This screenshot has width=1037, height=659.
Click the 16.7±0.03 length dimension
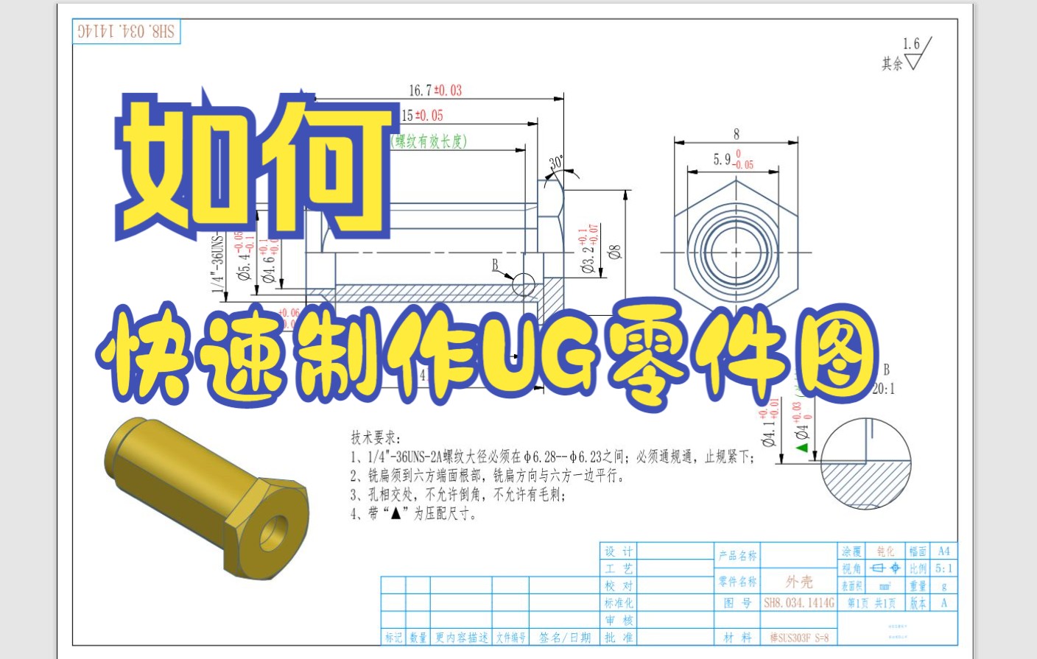435,91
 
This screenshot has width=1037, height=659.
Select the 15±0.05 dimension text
422,116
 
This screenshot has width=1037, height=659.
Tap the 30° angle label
556,163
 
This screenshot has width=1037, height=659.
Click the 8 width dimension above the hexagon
736,134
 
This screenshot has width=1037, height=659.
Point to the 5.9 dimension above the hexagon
733,160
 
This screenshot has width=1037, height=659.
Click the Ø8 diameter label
615,252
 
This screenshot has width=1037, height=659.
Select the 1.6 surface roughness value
911,44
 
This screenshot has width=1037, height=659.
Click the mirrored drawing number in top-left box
127,32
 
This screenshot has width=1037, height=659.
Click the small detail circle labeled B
523,284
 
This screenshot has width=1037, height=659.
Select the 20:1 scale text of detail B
884,389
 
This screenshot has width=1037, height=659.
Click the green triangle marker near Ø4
802,447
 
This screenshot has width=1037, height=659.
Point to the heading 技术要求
375,437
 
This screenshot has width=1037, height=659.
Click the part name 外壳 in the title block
799,582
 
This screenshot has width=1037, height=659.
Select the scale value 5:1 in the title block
943,568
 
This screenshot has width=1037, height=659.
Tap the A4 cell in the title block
943,551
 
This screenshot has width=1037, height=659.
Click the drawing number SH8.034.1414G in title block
799,603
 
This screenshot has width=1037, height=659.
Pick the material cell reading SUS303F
799,638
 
